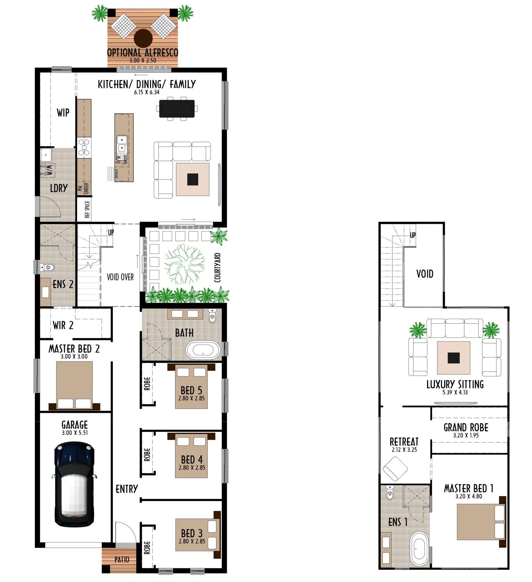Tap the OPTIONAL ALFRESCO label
pos(143,53)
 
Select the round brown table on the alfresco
pos(143,39)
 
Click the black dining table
pos(177,109)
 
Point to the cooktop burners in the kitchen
pos(84,147)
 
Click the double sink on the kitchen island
pos(122,144)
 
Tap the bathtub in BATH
pos(203,350)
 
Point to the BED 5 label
pos(191,390)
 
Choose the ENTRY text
pos(127,489)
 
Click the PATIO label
pos(122,560)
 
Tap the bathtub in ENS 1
pos(420,548)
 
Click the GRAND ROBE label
pos(466,428)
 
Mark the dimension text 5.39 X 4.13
pos(455,392)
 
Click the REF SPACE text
pos(87,209)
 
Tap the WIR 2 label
pos(63,325)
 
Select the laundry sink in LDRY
pos(46,155)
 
